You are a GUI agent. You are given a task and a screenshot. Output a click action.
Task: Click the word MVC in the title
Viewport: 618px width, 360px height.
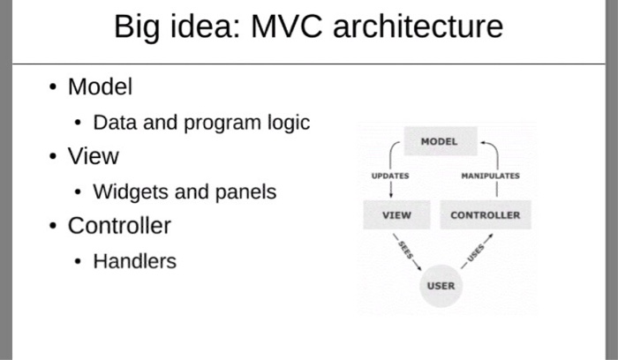point(290,27)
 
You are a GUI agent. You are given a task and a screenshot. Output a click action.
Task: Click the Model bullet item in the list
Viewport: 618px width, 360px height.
point(100,87)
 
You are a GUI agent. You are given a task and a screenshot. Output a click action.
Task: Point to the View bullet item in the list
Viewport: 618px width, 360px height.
point(93,157)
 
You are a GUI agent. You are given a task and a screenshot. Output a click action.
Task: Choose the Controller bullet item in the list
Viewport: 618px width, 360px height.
point(119,226)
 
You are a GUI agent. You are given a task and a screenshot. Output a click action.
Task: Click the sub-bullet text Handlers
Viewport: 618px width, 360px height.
point(134,261)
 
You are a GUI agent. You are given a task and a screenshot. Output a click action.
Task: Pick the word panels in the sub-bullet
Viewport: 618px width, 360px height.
point(245,192)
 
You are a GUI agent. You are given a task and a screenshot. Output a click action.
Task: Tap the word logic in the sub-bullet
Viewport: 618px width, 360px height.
point(289,123)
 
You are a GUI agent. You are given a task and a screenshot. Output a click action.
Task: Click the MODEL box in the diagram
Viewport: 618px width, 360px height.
point(439,141)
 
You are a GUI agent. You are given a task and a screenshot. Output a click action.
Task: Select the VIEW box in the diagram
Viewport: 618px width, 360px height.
point(396,214)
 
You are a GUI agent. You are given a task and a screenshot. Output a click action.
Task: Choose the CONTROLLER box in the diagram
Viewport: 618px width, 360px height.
point(485,214)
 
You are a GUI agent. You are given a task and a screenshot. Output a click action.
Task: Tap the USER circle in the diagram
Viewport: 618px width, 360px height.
point(441,286)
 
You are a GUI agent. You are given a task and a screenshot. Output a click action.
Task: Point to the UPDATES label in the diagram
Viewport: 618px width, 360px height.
point(390,176)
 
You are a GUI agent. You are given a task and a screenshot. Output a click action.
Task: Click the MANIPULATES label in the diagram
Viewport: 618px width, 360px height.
point(490,176)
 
